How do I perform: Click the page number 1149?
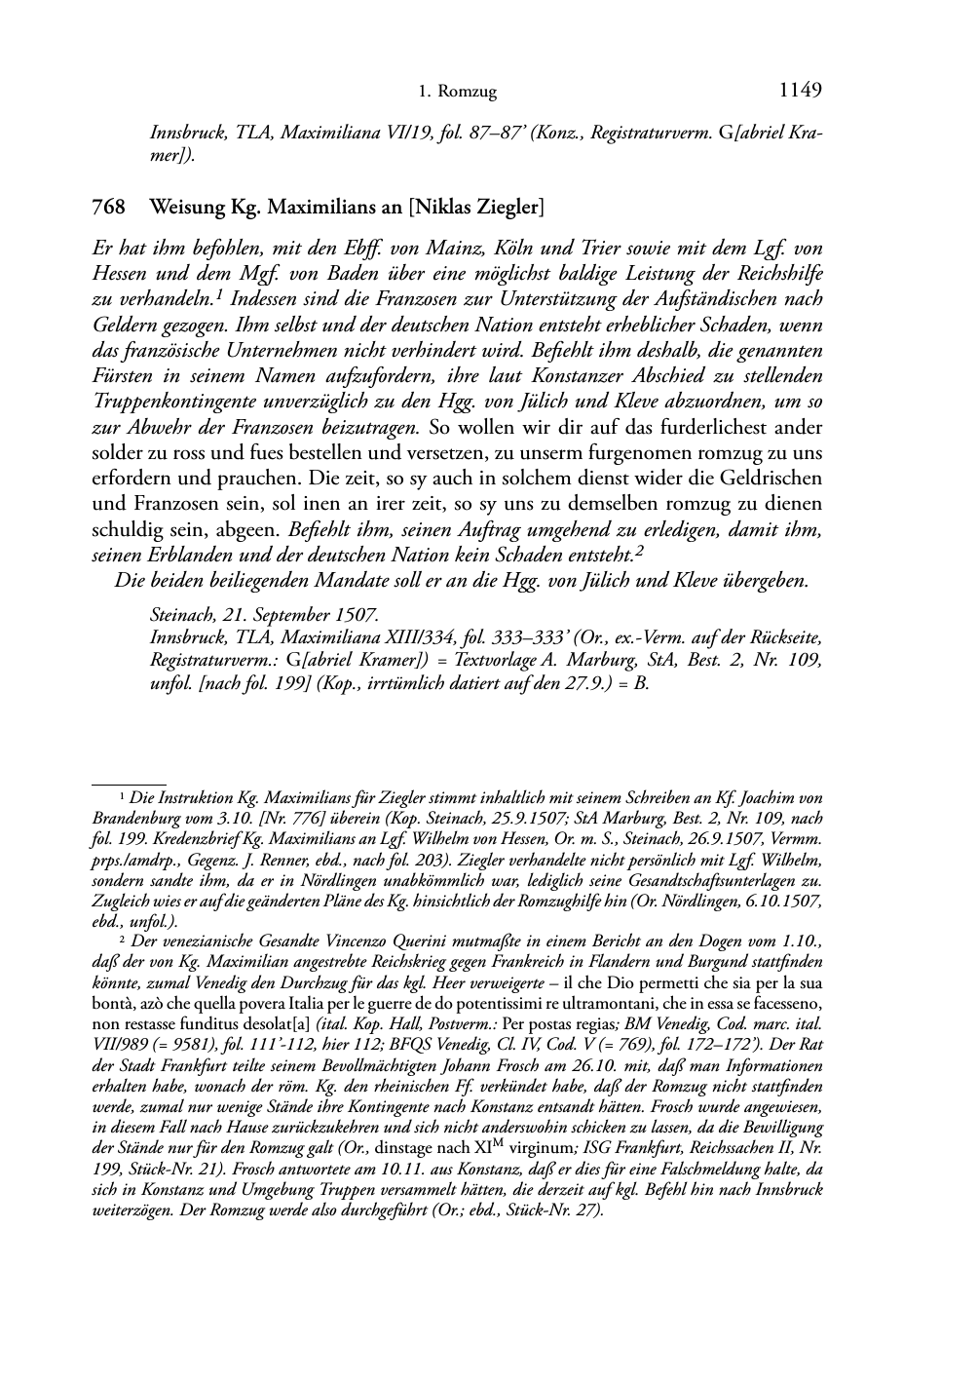pos(801,91)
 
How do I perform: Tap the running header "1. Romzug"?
pos(457,93)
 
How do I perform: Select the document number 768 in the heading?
pos(107,208)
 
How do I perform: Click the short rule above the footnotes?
pos(129,782)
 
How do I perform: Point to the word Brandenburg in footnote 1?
pos(137,819)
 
